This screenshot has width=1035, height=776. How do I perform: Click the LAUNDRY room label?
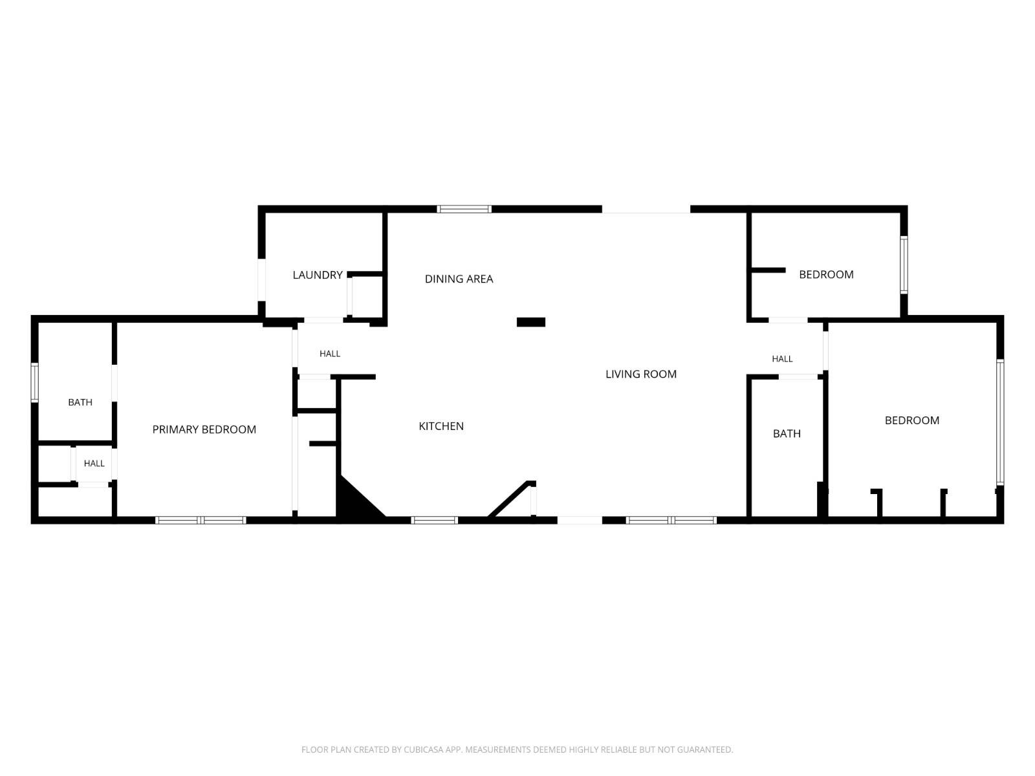(x=318, y=275)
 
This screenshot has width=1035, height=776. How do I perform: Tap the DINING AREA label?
(x=459, y=279)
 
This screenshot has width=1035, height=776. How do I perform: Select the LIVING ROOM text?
(x=641, y=374)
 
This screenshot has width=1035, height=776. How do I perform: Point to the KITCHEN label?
(x=441, y=426)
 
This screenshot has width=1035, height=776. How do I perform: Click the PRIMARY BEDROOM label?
(x=204, y=429)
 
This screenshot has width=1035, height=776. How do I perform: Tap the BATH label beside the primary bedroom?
(x=80, y=402)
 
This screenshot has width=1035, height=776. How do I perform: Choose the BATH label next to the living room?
(x=787, y=434)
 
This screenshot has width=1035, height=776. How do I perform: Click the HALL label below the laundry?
(x=330, y=354)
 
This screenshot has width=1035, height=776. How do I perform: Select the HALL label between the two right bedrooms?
(x=782, y=359)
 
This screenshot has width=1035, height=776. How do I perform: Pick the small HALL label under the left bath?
(x=94, y=464)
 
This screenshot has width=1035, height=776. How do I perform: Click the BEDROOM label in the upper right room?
(x=826, y=275)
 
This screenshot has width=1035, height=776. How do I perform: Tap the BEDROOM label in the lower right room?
(x=911, y=421)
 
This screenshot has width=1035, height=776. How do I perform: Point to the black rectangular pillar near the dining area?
(x=531, y=322)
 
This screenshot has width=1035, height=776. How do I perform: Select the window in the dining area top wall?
(x=464, y=209)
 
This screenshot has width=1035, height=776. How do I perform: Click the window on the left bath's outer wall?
(x=34, y=382)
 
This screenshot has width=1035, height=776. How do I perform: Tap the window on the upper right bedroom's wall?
(x=904, y=264)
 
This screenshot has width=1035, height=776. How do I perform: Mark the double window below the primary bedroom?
(x=201, y=520)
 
